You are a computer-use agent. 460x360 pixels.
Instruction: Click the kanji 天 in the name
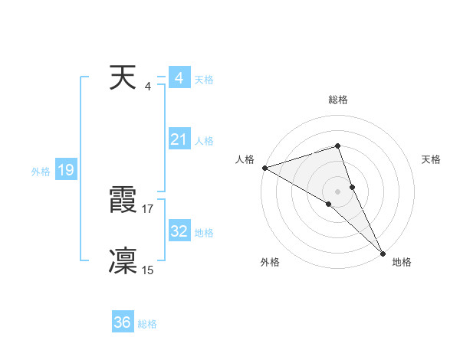(123, 78)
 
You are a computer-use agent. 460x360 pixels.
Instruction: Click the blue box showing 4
(179, 78)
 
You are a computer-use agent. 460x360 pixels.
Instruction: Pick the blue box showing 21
(179, 139)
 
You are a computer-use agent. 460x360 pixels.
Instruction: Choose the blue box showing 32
(179, 231)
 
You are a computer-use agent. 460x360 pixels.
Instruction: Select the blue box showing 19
(66, 170)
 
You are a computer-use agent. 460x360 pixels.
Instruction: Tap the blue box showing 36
(123, 322)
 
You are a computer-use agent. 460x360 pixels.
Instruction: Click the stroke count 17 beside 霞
(148, 208)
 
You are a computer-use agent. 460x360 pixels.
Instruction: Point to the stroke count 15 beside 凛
(148, 270)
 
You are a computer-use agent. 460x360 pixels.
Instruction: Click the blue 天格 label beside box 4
(204, 80)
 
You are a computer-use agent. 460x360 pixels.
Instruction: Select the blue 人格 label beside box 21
(204, 141)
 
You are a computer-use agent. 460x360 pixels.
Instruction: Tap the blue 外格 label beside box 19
(41, 172)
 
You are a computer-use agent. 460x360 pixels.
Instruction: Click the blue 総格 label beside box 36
(147, 324)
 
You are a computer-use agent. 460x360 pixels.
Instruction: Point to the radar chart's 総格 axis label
(337, 100)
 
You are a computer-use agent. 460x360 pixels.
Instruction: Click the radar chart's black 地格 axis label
(402, 262)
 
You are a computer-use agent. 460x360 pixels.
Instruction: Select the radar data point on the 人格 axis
(264, 167)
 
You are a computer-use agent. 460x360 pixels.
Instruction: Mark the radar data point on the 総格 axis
(337, 146)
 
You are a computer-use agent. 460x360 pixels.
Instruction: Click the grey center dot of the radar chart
(337, 191)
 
